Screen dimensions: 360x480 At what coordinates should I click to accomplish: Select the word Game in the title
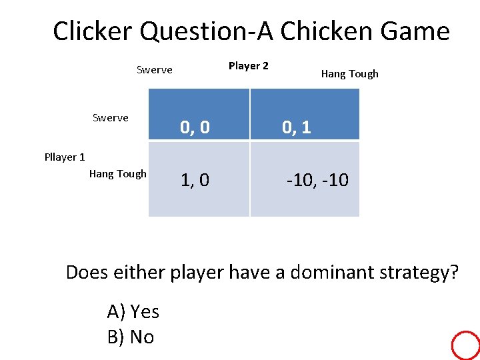pos(418,31)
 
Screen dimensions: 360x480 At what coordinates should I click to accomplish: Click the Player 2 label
pos(248,65)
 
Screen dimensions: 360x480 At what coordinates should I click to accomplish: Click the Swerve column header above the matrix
pos(154,70)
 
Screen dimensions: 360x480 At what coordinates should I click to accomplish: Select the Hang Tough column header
pos(349,74)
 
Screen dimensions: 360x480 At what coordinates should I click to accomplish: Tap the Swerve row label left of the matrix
pos(110,118)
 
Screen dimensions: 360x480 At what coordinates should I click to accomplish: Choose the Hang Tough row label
pos(117,174)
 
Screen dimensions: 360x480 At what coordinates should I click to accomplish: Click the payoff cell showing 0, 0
pos(199,127)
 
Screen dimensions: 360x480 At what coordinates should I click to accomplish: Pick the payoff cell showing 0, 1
pos(305,127)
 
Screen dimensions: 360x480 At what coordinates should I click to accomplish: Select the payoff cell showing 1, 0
pos(199,179)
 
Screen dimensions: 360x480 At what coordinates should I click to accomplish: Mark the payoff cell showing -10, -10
pos(305,179)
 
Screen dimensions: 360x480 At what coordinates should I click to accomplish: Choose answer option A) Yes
pos(133,311)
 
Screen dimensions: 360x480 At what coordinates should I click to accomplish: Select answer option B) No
pos(130,337)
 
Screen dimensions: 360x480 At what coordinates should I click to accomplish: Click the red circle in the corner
pos(465,346)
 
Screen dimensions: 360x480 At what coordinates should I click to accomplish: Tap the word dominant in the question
pos(319,273)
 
